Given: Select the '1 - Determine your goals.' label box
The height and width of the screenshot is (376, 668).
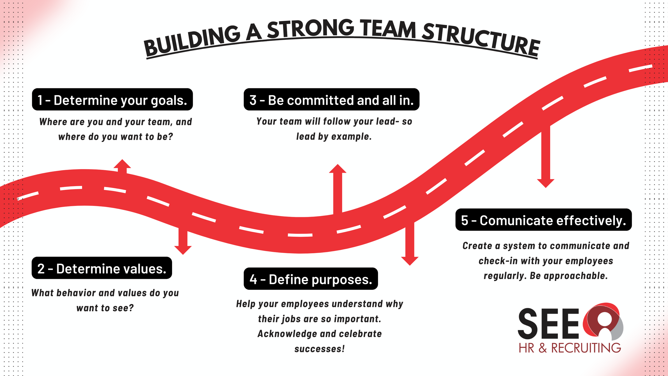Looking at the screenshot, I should click(x=112, y=99).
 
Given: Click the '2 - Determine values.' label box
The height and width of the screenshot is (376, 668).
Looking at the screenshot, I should click(x=102, y=268).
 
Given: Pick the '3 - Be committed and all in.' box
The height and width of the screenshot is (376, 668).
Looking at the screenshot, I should click(x=331, y=99).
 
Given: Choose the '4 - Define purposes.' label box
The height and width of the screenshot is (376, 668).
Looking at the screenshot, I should click(x=310, y=279).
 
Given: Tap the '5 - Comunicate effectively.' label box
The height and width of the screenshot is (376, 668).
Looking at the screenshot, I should click(x=543, y=220).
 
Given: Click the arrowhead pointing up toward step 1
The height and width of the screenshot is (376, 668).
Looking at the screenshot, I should click(x=122, y=164).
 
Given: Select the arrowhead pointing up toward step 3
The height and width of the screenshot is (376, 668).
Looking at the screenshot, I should click(x=337, y=169).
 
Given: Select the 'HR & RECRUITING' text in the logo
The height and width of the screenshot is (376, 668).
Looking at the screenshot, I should click(x=570, y=348).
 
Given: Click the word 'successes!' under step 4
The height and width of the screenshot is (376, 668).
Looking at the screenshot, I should click(x=320, y=349).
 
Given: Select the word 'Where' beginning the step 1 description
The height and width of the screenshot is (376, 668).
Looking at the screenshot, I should click(x=53, y=122).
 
